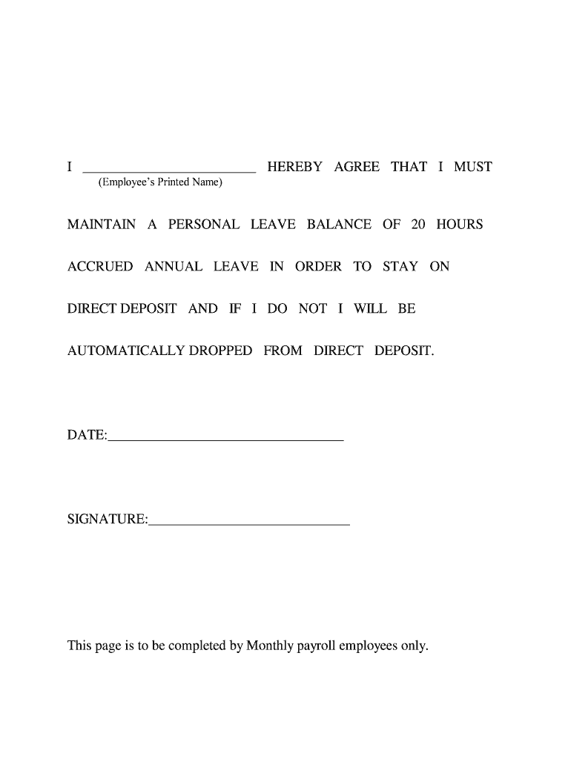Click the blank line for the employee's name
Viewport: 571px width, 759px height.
point(168,170)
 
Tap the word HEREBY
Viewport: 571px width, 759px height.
point(295,167)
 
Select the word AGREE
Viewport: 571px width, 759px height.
point(357,167)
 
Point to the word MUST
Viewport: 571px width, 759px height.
point(473,167)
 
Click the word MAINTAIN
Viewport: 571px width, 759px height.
point(102,224)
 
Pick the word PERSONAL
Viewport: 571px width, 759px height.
point(204,224)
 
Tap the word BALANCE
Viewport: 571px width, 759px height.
point(339,224)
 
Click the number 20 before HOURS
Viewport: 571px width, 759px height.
point(418,224)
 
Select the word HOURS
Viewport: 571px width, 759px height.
point(459,224)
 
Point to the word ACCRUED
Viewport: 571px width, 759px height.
point(100,266)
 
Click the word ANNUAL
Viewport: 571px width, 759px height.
point(174,266)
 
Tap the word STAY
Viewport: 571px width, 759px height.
point(400,266)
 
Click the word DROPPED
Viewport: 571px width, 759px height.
point(220,351)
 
